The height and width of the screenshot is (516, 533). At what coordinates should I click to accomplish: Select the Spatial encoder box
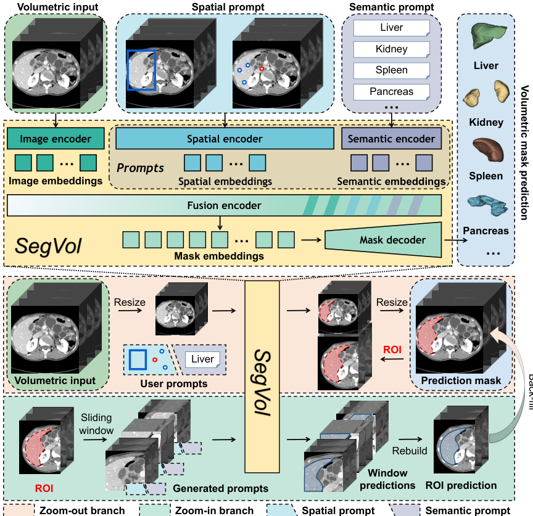point(225,139)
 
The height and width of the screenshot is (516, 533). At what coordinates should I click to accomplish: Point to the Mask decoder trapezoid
point(384,240)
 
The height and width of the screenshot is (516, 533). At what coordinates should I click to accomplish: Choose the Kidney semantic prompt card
point(391,49)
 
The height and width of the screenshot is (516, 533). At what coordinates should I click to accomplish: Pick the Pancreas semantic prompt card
point(391,92)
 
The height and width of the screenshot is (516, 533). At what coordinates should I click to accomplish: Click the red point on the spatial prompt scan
point(262,69)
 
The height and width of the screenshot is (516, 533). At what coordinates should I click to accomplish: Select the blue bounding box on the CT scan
point(141,70)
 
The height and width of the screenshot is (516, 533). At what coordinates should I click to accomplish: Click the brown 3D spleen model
point(487,150)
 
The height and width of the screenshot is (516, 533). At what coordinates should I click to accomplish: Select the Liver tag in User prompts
point(202,359)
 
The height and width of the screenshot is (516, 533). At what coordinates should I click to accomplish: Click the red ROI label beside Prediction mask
point(392,349)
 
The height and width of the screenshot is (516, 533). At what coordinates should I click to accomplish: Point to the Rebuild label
point(409,451)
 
